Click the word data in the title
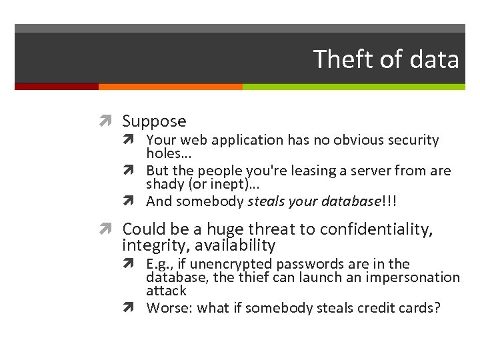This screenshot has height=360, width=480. [435, 59]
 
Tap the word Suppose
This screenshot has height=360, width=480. [154, 121]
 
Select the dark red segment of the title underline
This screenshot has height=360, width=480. [57, 87]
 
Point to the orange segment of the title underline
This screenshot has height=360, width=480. [170, 87]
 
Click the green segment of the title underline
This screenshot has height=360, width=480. [353, 87]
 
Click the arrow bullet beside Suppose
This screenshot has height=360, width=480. [110, 121]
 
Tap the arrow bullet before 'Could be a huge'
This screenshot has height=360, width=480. [110, 230]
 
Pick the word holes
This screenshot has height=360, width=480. [163, 153]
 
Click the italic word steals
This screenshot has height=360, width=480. [269, 201]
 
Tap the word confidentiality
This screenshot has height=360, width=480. [376, 230]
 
